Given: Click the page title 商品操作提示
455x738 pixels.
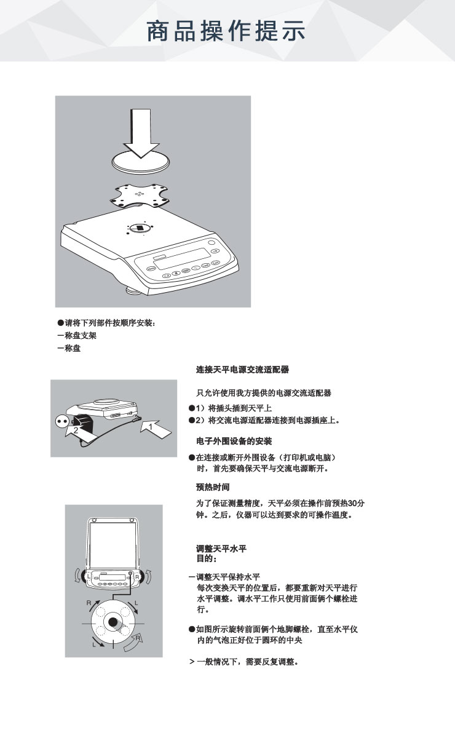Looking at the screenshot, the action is (x=226, y=31).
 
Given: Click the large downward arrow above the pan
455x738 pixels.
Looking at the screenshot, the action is (x=141, y=133).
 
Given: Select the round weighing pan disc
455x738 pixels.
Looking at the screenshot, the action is (x=141, y=163).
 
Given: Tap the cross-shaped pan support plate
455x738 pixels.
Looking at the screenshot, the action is (x=139, y=196).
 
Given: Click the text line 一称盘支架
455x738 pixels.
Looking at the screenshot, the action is (x=77, y=336).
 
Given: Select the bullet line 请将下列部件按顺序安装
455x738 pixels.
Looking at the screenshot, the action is (x=106, y=323).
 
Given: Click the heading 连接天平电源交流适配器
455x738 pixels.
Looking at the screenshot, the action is (x=242, y=370).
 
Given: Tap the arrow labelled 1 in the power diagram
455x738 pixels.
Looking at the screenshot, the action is (x=156, y=429).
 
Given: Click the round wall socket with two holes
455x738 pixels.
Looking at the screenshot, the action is (x=62, y=421).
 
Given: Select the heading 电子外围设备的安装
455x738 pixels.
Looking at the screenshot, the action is (x=234, y=441).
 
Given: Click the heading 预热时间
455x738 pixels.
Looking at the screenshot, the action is (x=213, y=487).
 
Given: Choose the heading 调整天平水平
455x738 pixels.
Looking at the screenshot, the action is (x=221, y=549).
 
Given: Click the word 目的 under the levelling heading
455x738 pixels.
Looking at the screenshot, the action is (x=205, y=558).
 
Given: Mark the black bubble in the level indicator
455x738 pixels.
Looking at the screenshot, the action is (x=113, y=622).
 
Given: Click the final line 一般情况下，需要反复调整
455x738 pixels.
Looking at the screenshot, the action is (x=244, y=662).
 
